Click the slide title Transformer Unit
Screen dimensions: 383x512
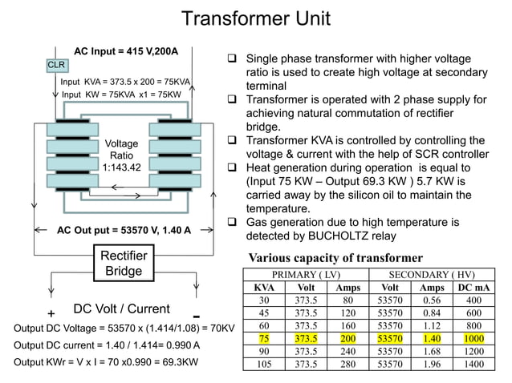[x=255, y=18]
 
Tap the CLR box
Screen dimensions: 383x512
[x=57, y=64]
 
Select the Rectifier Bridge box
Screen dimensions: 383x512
[x=123, y=264]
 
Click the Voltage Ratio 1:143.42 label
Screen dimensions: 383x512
[x=122, y=155]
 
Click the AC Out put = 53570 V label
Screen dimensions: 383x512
[x=124, y=230]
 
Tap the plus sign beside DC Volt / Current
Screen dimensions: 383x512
[x=51, y=313]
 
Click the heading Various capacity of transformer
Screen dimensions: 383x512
[x=335, y=258]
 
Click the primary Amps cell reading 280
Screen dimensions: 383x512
[x=347, y=364]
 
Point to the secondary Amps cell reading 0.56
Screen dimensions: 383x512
[x=432, y=300]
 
